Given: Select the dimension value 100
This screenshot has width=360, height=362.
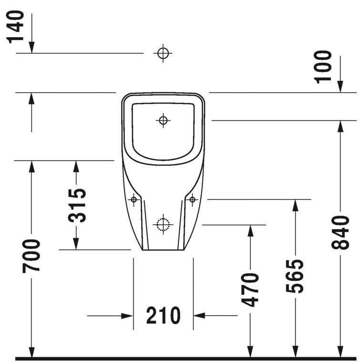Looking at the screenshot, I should pyautogui.click(x=324, y=66).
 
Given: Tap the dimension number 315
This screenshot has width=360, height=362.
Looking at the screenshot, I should pyautogui.click(x=77, y=205).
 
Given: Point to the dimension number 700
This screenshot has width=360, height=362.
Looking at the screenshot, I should pyautogui.click(x=31, y=256).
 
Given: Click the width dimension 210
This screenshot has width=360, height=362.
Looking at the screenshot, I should pyautogui.click(x=163, y=315).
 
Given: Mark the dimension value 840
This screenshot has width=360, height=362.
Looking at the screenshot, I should pyautogui.click(x=340, y=232).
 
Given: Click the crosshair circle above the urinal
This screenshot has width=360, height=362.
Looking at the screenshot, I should pyautogui.click(x=163, y=53).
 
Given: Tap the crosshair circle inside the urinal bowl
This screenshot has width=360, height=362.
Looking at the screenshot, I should pyautogui.click(x=163, y=120).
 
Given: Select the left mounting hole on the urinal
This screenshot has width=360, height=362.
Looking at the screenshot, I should pyautogui.click(x=134, y=199).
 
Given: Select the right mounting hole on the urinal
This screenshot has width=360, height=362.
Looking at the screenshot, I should pyautogui.click(x=193, y=199).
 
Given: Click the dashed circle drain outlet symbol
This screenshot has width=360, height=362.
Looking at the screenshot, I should pyautogui.click(x=163, y=224).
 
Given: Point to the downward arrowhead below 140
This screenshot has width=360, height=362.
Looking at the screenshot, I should pyautogui.click(x=31, y=47).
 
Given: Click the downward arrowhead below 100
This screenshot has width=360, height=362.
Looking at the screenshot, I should pyautogui.click(x=340, y=86).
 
